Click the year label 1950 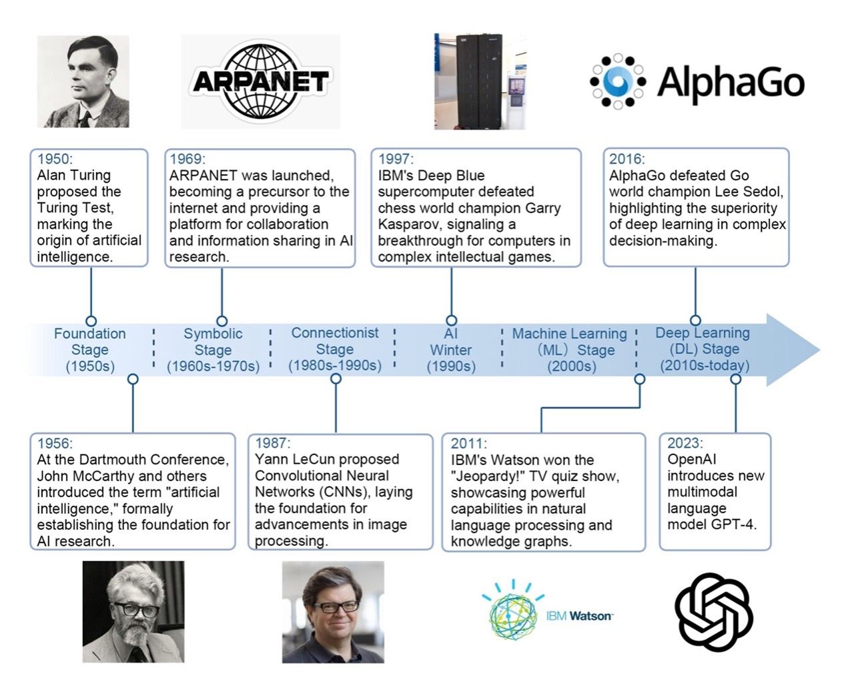coord(55,159)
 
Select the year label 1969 coord(187,159)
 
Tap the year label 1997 coord(396,159)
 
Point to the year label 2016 coord(627,159)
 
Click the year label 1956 coord(55,444)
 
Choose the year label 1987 coord(272,443)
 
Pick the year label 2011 coord(469,444)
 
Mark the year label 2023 coord(685,443)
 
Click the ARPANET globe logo coord(260,81)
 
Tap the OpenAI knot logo coord(713,611)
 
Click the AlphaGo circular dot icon coord(618,81)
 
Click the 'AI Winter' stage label coord(451,350)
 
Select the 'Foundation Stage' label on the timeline coord(90,350)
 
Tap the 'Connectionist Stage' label coord(335,349)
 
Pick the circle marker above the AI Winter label coord(452,321)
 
